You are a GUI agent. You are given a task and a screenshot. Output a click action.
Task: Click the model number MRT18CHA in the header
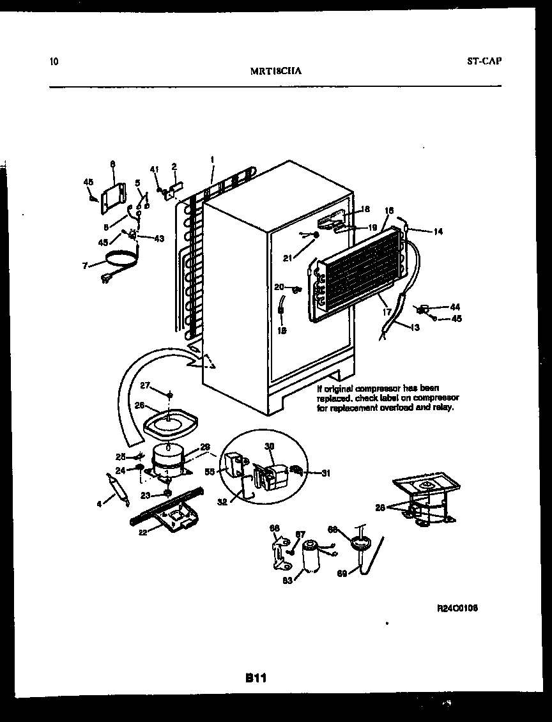[x=276, y=72]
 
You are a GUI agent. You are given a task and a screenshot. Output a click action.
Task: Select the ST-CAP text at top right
[x=484, y=61]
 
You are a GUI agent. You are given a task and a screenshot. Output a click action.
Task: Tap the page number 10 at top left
[x=54, y=62]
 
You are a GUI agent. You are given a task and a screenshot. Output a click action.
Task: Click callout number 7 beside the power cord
[x=84, y=265]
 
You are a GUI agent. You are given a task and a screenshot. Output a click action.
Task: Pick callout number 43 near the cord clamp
[x=158, y=238]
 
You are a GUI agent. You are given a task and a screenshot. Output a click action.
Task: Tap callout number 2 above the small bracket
[x=174, y=167]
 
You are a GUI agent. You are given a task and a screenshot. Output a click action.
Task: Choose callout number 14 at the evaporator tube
[x=438, y=232]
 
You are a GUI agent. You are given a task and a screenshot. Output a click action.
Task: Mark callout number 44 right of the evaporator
[x=454, y=307]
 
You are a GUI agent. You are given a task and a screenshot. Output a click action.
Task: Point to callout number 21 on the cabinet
[x=288, y=257]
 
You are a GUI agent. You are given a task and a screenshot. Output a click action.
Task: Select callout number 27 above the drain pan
[x=145, y=385]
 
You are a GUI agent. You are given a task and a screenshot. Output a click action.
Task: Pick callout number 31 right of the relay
[x=326, y=473]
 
